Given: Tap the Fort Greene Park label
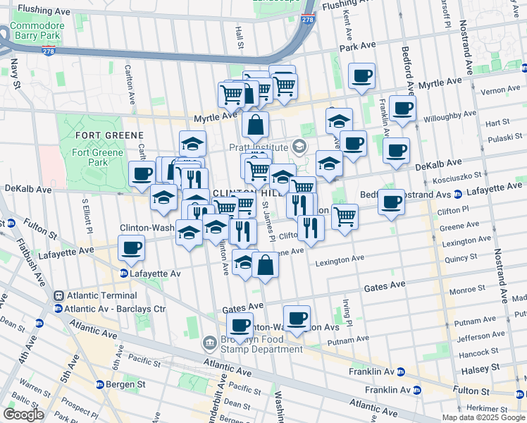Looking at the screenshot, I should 94,157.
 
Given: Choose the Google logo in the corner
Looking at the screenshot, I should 23,415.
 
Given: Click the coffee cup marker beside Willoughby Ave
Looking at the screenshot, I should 402,109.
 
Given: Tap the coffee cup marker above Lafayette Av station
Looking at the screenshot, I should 132,248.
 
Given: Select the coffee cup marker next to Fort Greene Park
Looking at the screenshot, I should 142,173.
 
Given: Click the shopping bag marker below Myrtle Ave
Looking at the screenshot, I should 255,125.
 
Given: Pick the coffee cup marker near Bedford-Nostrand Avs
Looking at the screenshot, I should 391,202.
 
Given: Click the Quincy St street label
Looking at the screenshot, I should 461,259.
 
